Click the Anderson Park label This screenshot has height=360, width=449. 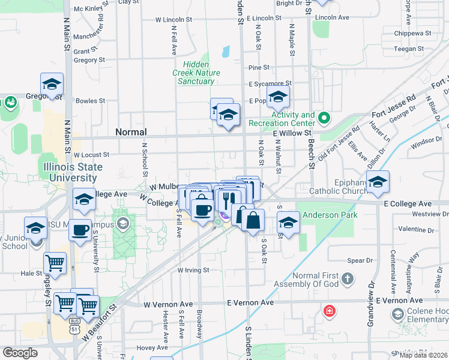click(330, 215)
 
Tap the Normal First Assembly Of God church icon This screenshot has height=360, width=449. click(347, 278)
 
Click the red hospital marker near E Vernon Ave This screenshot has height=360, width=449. click(329, 311)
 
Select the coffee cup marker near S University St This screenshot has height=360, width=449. click(80, 230)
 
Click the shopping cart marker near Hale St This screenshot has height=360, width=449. click(55, 263)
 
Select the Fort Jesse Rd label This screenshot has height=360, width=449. click(394, 106)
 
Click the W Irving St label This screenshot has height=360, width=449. click(193, 271)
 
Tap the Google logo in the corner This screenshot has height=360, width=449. click(20, 353)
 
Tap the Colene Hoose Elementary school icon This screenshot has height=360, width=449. click(397, 314)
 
